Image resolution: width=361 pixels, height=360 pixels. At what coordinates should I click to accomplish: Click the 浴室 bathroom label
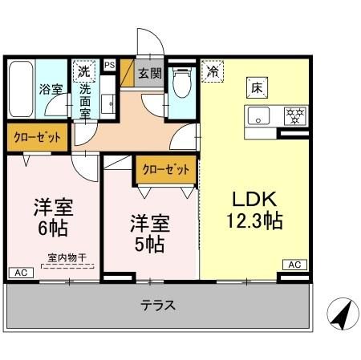(51, 89)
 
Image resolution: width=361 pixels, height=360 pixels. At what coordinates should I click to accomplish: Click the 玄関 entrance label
(149, 74)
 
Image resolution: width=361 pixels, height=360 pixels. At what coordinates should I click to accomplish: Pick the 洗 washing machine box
(83, 70)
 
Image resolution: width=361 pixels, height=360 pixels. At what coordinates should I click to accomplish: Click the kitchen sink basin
(260, 116)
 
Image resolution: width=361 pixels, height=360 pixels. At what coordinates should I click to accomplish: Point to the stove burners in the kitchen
(295, 115)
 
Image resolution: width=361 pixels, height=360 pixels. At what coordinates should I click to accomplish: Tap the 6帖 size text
(53, 229)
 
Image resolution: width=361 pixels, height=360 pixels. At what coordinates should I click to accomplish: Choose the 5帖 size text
(148, 243)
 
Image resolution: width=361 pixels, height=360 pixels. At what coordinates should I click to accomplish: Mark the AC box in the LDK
(294, 264)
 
